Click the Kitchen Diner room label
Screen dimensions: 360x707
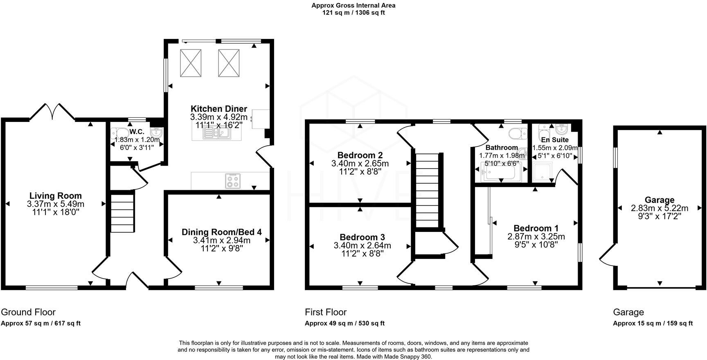click(x=219, y=109)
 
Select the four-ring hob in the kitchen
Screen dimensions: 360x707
click(x=233, y=181)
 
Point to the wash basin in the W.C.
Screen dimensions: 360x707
click(x=156, y=133)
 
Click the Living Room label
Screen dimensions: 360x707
click(x=56, y=196)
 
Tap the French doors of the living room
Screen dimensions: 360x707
click(x=52, y=111)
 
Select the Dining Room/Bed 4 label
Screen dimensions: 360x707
click(x=221, y=232)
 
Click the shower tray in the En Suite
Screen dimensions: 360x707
click(x=543, y=172)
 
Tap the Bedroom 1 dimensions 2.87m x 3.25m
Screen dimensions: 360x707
click(x=536, y=236)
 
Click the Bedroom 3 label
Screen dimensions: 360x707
click(x=362, y=237)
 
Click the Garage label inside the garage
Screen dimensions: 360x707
click(x=659, y=200)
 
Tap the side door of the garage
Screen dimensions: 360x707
click(x=607, y=254)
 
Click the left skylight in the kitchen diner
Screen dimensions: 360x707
click(x=191, y=63)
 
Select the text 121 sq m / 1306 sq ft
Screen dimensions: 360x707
click(x=353, y=13)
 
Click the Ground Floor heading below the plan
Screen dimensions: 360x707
click(x=28, y=313)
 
